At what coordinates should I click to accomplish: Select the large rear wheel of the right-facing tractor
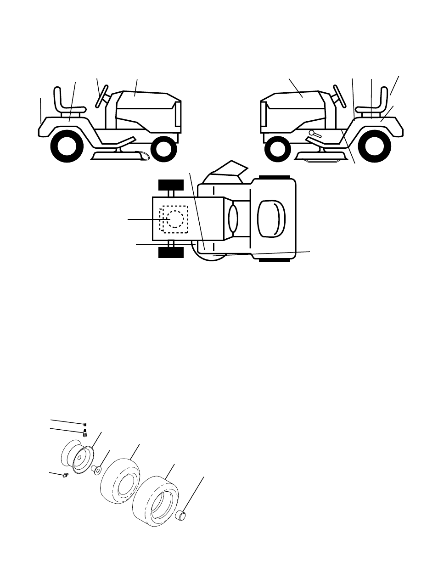point(66,146)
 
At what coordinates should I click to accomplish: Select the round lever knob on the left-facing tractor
point(312,133)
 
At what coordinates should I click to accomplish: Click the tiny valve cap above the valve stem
point(85,424)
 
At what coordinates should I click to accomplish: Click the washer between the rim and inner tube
point(97,470)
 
